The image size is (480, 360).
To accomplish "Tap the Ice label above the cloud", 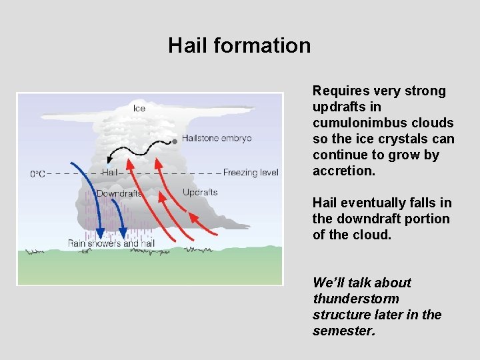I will coord(139,109).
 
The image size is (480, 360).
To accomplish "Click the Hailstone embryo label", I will coord(217,139).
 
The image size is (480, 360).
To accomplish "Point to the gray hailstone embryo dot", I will coord(175,141).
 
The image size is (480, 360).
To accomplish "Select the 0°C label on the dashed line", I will coord(38,173).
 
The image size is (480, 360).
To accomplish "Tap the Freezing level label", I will coord(251,173).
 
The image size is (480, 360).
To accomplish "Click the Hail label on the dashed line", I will coord(110,173).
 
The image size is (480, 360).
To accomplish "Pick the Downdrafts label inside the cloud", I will coord(119,193).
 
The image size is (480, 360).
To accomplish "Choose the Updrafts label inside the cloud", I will coord(199,193).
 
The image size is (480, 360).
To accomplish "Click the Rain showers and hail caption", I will coord(111,243).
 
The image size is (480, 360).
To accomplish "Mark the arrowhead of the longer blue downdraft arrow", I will coord(100,233).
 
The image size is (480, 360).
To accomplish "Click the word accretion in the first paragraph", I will coord(344,171).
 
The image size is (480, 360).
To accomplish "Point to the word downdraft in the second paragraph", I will coord(366,219).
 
